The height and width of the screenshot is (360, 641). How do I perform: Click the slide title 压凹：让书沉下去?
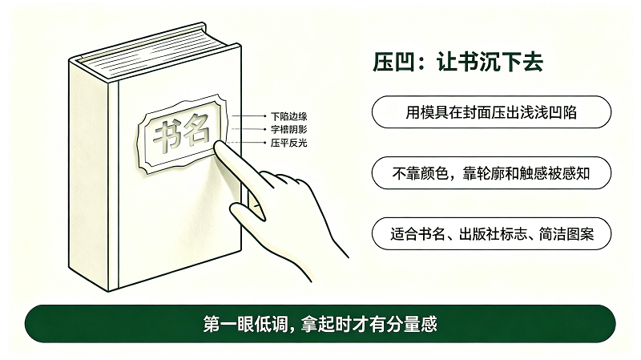click(458, 63)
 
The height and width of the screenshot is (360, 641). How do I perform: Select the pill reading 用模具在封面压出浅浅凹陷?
click(491, 112)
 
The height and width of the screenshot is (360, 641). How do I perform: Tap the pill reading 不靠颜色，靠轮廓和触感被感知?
click(491, 173)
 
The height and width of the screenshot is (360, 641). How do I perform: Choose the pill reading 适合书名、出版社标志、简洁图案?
click(491, 234)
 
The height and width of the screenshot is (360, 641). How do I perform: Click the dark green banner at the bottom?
click(320, 324)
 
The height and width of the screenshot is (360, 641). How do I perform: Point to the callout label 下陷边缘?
click(288, 116)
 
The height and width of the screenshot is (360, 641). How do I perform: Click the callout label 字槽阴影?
click(288, 130)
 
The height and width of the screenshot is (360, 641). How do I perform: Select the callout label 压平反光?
click(288, 143)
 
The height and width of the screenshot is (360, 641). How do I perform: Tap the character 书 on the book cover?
click(167, 136)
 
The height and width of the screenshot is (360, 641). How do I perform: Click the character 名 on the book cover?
click(196, 129)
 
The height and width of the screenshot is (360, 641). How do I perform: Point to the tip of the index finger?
click(218, 144)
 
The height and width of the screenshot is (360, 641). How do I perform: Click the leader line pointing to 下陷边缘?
click(249, 116)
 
